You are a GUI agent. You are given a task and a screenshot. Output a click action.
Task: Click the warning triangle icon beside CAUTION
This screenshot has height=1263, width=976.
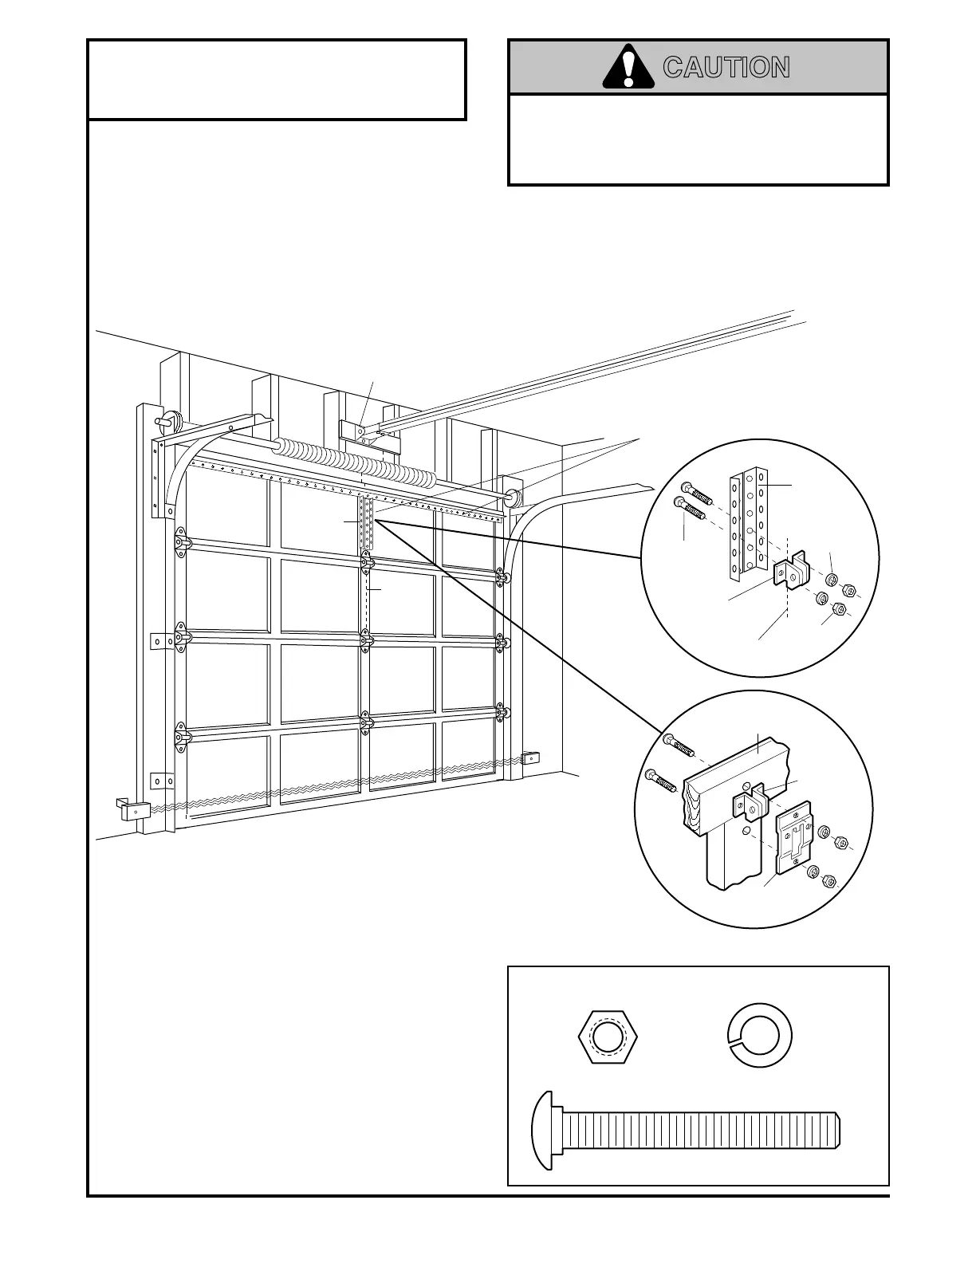pos(628,68)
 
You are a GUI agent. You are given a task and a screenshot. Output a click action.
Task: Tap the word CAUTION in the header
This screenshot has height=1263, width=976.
pos(726,68)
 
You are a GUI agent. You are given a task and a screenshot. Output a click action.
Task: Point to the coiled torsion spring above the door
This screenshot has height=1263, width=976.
pos(355,462)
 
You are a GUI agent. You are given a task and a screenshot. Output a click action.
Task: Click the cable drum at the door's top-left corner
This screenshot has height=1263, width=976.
pos(172,420)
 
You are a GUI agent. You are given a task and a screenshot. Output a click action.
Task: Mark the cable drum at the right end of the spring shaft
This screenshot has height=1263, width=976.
pos(511,494)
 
